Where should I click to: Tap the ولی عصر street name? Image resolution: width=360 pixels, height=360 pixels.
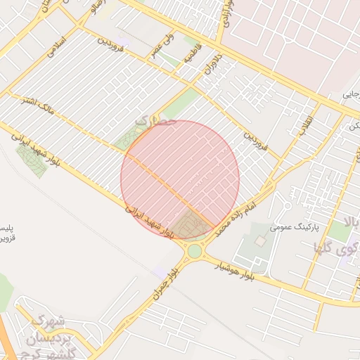coord(158,51)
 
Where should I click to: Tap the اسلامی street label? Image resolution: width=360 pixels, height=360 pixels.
coord(55,47)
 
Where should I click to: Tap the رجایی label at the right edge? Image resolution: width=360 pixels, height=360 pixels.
coord(352,93)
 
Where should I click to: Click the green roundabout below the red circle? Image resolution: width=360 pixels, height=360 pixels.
coord(195,251)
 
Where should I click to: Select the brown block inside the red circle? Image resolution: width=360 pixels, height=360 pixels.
coord(188,225)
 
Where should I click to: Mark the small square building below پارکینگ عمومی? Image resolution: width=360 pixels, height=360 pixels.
coord(261,241)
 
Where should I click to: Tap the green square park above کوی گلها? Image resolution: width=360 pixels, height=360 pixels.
coord(340,232)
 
